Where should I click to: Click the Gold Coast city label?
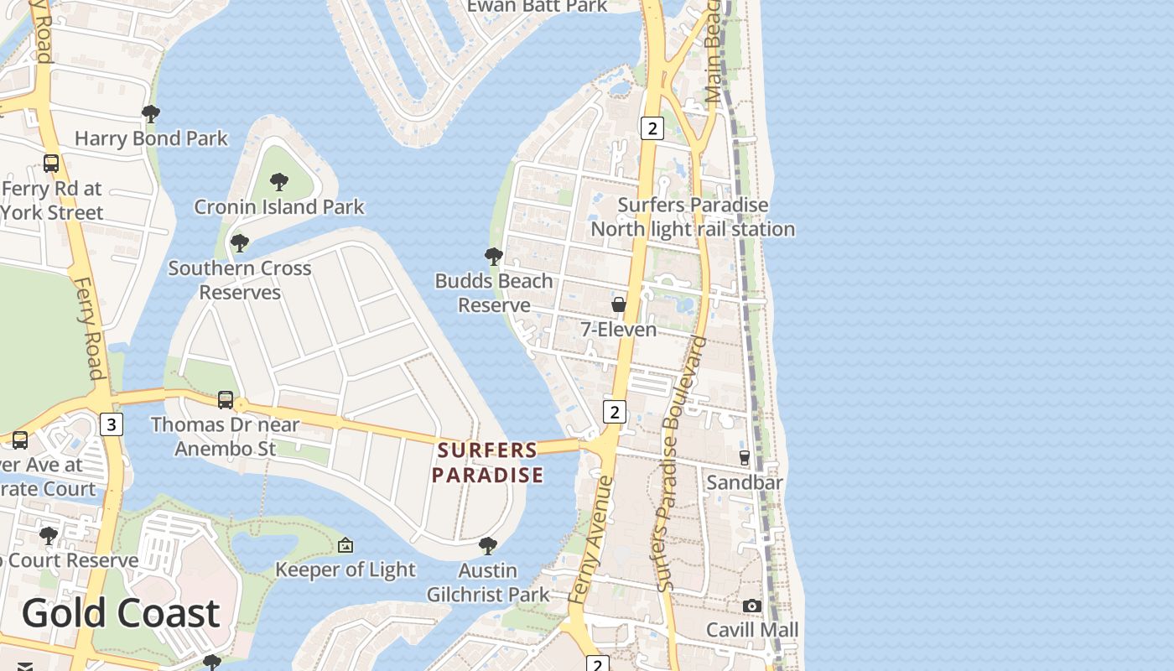(120, 613)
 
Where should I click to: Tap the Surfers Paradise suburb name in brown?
(487, 463)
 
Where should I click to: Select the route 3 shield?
(111, 424)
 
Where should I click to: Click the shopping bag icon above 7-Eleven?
(619, 304)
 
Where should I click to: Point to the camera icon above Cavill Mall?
(752, 606)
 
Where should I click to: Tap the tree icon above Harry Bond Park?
(151, 113)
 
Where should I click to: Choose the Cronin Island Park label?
(279, 206)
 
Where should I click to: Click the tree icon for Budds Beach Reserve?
(494, 256)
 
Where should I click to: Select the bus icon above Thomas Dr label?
(226, 400)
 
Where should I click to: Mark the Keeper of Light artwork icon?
(345, 546)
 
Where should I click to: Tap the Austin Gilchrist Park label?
(488, 583)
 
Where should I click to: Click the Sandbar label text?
(745, 482)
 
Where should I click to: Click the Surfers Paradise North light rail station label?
(693, 217)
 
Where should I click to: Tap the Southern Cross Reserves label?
(240, 280)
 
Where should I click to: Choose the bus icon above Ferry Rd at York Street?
(51, 163)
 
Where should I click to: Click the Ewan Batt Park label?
(537, 7)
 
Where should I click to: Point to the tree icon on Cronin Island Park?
(279, 181)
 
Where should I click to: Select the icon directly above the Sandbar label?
(745, 457)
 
